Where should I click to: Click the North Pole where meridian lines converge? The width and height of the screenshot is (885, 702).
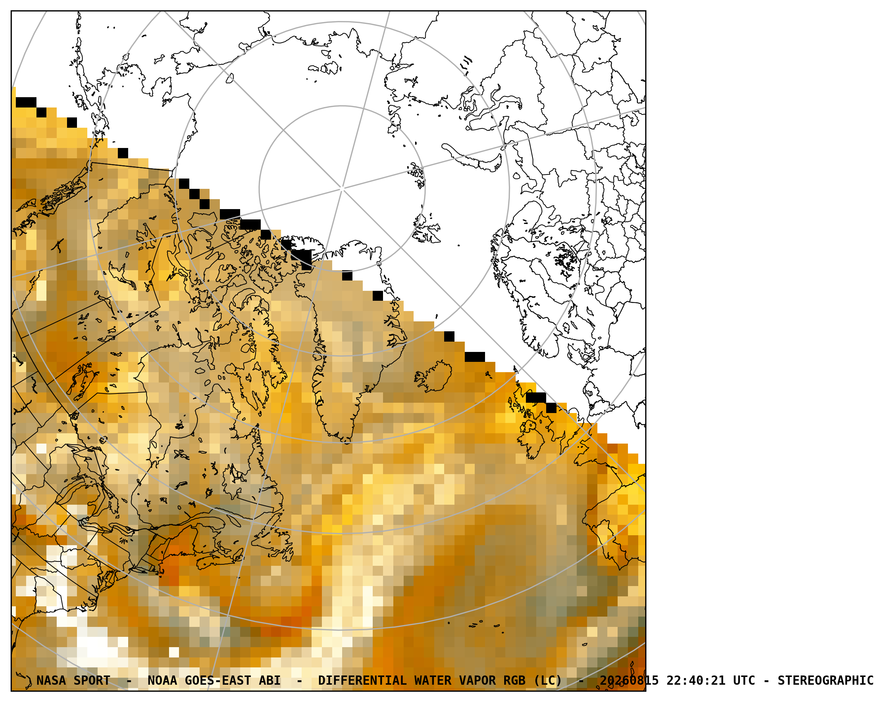(x=342, y=188)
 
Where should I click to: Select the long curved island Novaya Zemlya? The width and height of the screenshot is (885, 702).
(x=472, y=158)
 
